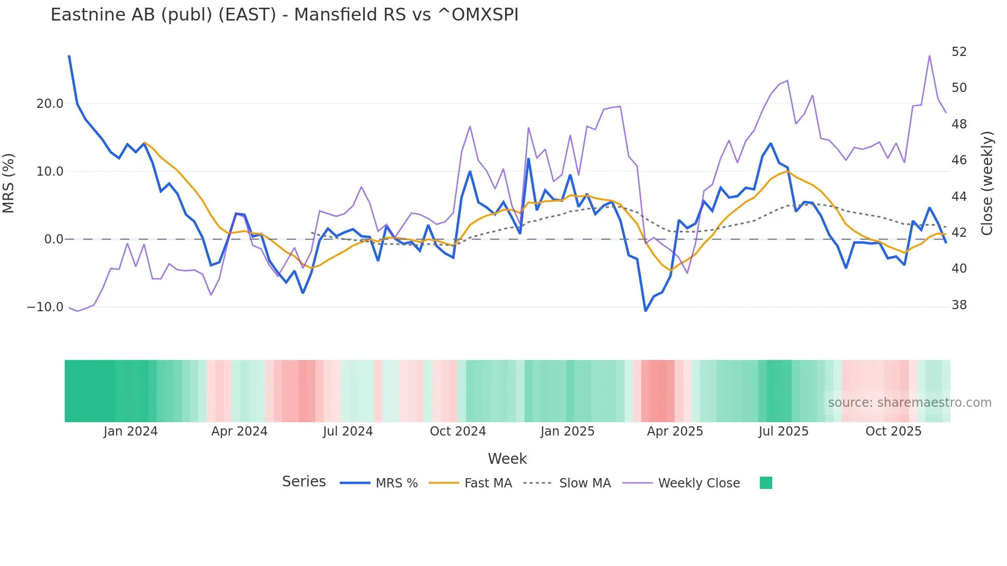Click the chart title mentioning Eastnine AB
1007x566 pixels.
pos(284,15)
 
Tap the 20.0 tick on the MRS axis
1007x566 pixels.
pos(50,104)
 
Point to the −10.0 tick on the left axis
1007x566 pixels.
pos(46,307)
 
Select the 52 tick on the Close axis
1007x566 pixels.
pos(959,52)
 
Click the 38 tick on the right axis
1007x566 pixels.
pos(959,305)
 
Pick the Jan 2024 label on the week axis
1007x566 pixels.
pos(130,431)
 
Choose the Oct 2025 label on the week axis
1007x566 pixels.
pos(893,431)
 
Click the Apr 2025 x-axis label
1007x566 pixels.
pos(675,431)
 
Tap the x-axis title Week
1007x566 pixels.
pos(507,459)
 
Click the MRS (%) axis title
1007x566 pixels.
pos(9,183)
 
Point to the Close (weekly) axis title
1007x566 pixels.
pos(987,183)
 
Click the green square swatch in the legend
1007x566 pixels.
pos(766,483)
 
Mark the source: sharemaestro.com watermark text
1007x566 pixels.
pos(909,403)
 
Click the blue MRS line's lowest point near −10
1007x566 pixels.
pos(646,311)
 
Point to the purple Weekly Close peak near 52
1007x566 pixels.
pos(929,56)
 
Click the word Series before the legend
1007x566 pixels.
pos(304,482)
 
